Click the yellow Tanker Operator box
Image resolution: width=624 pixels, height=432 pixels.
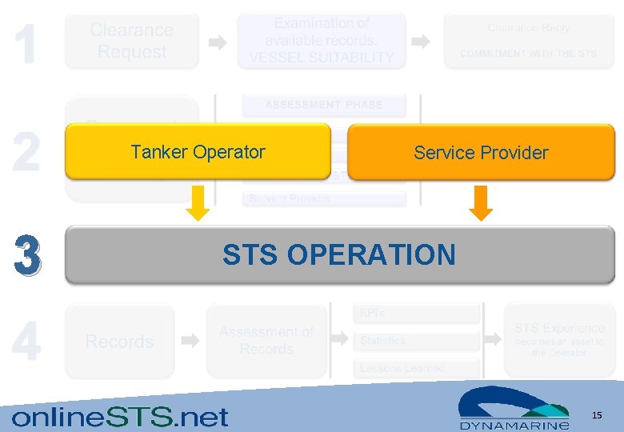198,151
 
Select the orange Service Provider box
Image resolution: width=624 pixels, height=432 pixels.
481,152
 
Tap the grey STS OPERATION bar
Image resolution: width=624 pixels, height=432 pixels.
339,254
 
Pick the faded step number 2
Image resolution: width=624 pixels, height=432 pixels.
26,152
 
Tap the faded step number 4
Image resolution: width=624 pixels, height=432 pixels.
26,342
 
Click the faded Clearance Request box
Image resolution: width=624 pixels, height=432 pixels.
131,41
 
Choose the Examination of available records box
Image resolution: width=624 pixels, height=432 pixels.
322,41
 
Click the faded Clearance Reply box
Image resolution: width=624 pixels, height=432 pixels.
529,41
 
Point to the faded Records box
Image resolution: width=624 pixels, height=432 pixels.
119,342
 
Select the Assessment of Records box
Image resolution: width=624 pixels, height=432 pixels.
266,341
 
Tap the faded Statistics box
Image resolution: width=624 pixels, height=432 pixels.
416,341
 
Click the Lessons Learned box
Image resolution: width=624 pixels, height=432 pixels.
416,368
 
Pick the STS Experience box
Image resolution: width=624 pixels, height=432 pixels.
558,340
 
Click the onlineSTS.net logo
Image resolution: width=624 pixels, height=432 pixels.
120,416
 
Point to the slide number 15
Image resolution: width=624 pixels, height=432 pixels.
596,414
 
